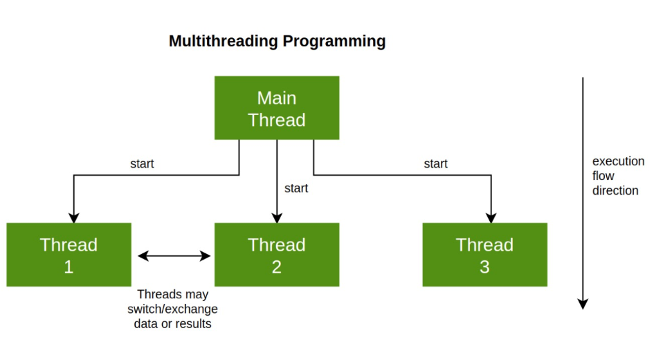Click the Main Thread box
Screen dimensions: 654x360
click(x=277, y=107)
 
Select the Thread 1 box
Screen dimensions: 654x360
click(x=69, y=255)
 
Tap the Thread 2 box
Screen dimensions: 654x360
click(x=277, y=255)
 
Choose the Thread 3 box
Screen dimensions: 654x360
click(x=484, y=255)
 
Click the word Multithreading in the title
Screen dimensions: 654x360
click(x=223, y=42)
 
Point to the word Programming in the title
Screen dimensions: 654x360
click(x=334, y=42)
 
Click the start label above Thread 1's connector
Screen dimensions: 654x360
click(x=142, y=163)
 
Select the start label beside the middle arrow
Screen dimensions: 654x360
click(x=296, y=188)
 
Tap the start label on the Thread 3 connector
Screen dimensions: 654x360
click(x=435, y=163)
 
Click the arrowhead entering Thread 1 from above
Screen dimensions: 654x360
click(x=74, y=218)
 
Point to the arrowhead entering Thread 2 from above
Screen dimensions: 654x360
click(x=277, y=218)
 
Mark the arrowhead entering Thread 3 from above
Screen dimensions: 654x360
click(x=491, y=218)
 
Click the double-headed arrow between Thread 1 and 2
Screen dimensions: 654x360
click(x=174, y=255)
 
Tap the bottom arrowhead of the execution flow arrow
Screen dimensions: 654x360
click(x=583, y=304)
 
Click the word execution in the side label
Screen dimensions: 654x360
click(x=618, y=161)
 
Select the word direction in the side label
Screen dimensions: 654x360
click(x=615, y=190)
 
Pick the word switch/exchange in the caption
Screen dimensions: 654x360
click(x=172, y=309)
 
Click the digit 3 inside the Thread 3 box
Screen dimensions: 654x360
click(x=484, y=267)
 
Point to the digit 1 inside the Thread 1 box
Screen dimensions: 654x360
click(x=69, y=267)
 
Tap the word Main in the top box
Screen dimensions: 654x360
click(x=277, y=98)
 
